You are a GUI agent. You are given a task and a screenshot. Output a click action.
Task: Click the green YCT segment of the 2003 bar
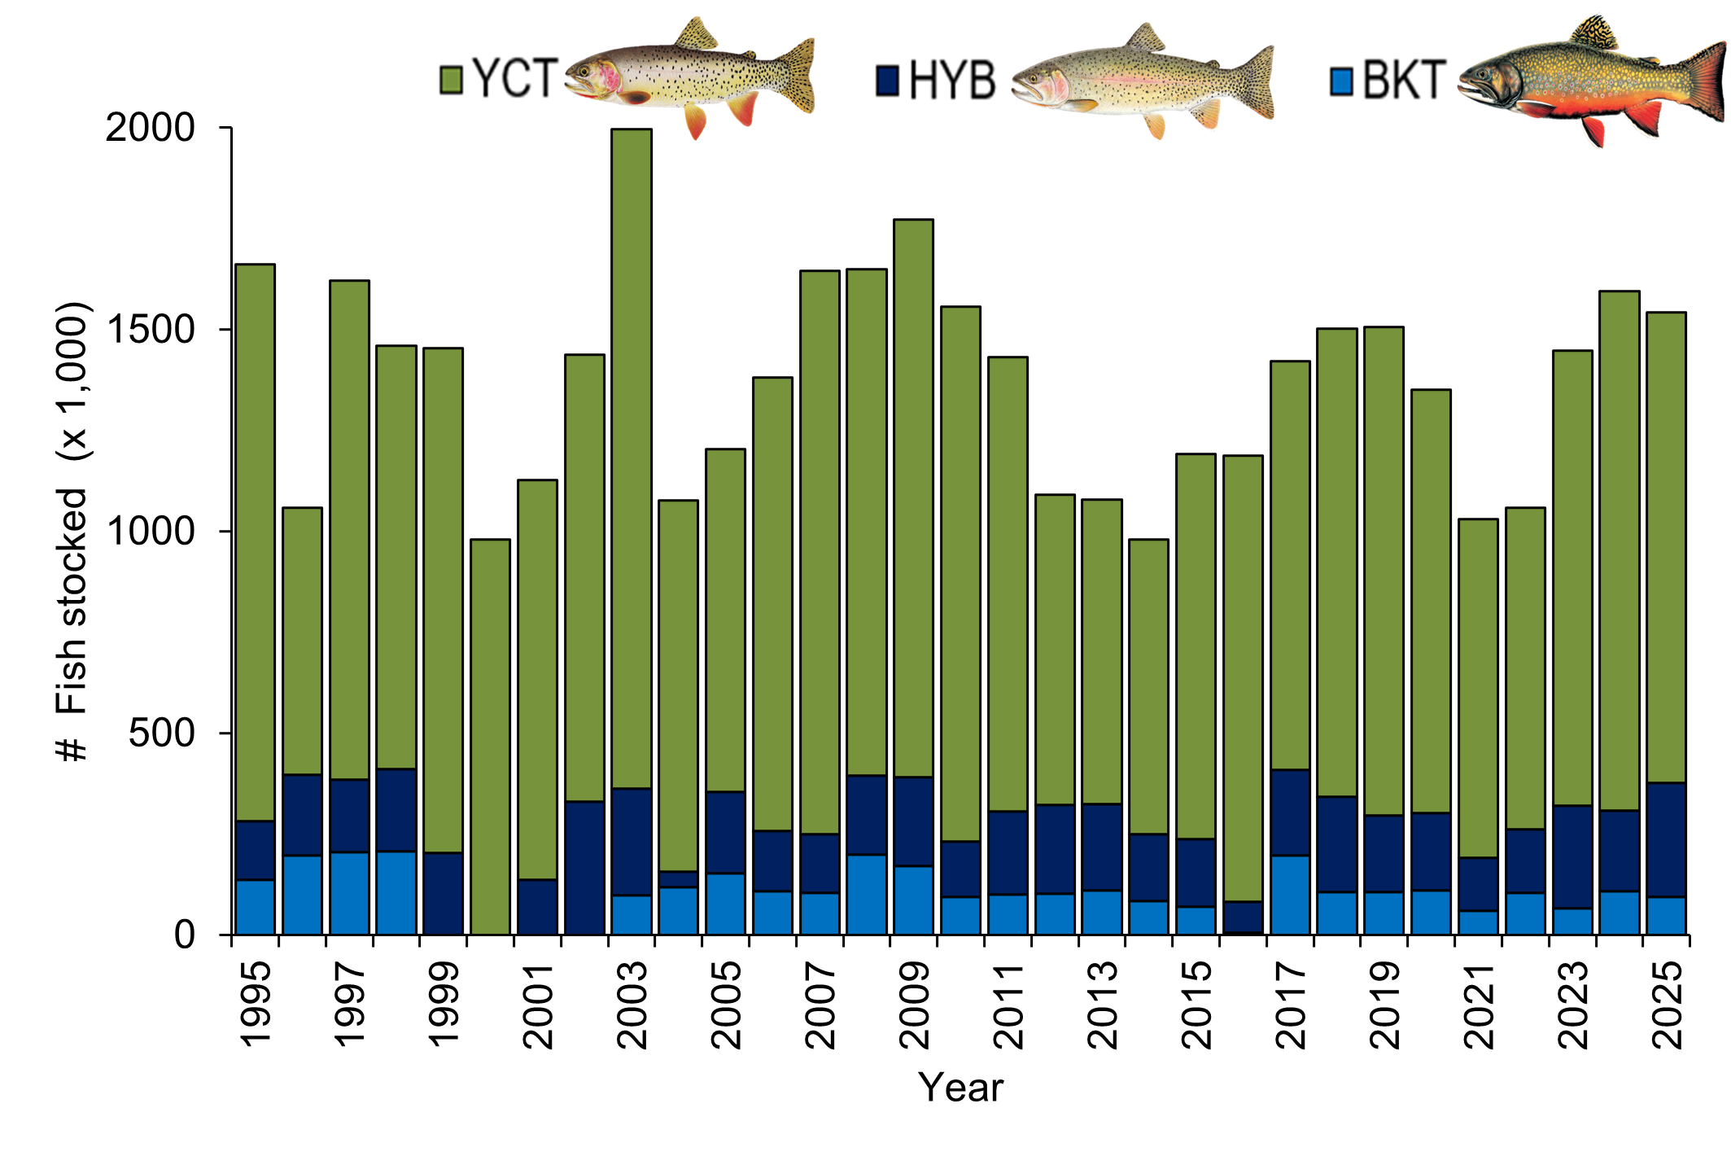tap(631, 456)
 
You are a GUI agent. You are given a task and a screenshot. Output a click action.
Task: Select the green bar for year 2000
tap(490, 733)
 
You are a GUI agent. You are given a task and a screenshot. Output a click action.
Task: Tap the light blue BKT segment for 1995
tap(254, 906)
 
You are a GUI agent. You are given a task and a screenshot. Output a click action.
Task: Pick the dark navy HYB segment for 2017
tap(1290, 812)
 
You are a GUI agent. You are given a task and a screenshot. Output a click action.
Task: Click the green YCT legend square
tap(451, 80)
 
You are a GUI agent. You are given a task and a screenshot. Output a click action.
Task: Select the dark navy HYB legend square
tap(887, 80)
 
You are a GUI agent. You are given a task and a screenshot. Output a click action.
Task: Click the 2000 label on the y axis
tap(151, 128)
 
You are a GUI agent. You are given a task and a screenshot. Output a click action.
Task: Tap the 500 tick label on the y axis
tap(161, 733)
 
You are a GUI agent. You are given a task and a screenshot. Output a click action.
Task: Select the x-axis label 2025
tap(1666, 1005)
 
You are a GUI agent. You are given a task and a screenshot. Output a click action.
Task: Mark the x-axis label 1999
tap(444, 1005)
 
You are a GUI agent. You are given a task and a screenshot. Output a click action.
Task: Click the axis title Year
tap(960, 1088)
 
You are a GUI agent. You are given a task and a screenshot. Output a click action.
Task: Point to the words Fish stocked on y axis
tap(72, 602)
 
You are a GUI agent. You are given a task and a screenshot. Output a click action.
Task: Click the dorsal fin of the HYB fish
tap(1146, 38)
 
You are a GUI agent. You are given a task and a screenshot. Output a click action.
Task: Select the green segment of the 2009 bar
tap(913, 497)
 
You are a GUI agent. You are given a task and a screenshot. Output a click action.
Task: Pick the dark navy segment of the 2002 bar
tap(584, 867)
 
